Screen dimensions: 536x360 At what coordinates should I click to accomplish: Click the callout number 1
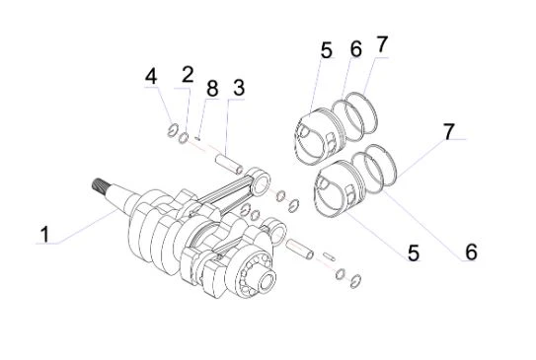[45, 235]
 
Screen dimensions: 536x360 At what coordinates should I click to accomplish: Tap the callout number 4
[151, 76]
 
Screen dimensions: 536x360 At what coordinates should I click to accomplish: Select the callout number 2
[188, 75]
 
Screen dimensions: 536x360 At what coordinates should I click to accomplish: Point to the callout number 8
[212, 89]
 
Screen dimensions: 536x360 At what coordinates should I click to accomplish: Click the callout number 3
[239, 88]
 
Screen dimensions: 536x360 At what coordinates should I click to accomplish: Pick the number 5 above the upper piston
[327, 50]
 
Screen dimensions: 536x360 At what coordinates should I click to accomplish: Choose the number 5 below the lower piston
[414, 252]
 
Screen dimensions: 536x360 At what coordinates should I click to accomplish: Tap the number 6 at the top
[355, 49]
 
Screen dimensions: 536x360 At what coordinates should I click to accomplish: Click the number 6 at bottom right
[471, 252]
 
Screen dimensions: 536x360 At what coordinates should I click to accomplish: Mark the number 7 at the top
[382, 44]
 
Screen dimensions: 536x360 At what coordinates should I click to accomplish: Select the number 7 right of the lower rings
[449, 131]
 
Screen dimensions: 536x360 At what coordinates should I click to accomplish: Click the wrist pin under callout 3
[229, 165]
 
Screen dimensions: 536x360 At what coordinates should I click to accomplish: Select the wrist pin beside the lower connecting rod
[300, 249]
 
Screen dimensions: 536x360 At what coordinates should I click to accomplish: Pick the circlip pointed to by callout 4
[173, 130]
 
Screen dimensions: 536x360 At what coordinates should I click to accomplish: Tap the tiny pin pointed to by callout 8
[197, 138]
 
